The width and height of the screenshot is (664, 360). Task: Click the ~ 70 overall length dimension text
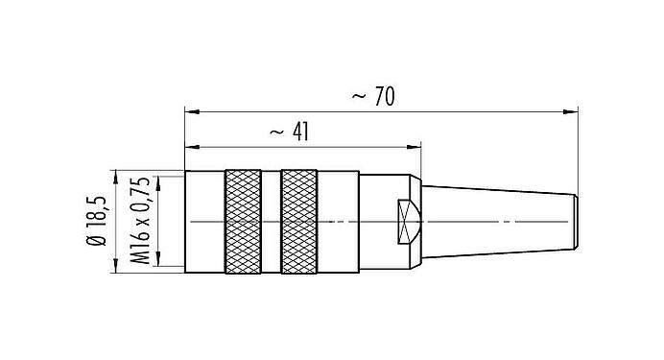[374, 96]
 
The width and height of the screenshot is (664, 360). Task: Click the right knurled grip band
[299, 222]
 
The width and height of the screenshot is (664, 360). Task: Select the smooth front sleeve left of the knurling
[203, 222]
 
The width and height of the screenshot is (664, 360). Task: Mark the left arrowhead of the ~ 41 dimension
[189, 147]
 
